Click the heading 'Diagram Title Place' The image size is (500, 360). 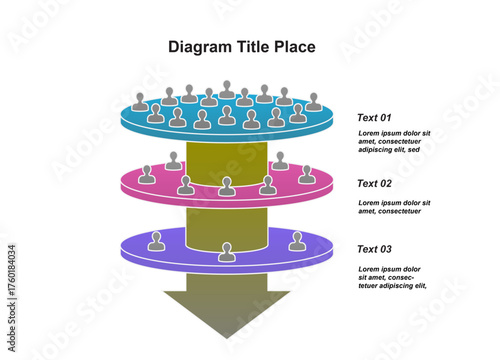(x=241, y=47)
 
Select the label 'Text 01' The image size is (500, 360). (x=374, y=117)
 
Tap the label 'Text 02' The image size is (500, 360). (x=374, y=183)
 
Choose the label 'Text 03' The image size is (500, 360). (x=374, y=249)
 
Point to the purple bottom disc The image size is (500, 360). (x=190, y=255)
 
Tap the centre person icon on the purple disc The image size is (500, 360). (x=227, y=252)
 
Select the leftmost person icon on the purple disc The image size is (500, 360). (x=156, y=241)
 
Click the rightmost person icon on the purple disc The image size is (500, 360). (x=297, y=241)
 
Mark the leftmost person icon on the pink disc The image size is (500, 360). (x=147, y=174)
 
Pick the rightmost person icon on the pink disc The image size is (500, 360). (x=307, y=174)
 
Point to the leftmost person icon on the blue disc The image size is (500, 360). (x=140, y=102)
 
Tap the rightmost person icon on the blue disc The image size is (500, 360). (x=313, y=102)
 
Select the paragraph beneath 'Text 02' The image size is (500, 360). (x=394, y=207)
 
